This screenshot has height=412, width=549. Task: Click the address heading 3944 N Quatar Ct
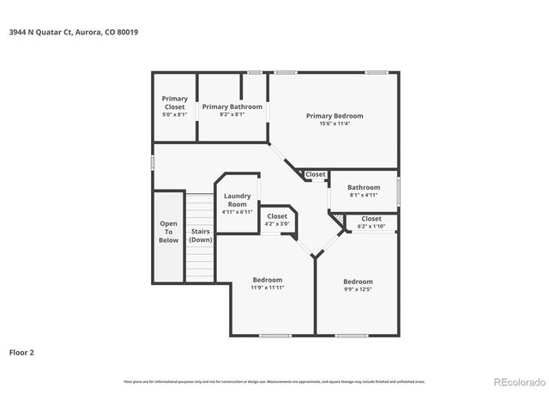[72, 32]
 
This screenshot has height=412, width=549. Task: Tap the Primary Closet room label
[174, 103]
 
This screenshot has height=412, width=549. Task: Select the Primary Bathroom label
[232, 107]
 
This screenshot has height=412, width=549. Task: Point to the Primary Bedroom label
[335, 116]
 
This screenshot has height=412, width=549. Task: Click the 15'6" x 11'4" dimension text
[335, 124]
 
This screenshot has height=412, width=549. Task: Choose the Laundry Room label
[237, 200]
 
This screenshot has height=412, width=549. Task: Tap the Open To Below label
[169, 232]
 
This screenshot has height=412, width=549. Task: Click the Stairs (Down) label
[201, 235]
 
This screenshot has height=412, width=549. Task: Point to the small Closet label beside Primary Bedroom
[316, 174]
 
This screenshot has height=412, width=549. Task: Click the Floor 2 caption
[22, 352]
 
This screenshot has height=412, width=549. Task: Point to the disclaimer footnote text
[274, 381]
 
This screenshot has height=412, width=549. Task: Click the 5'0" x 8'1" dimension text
[174, 114]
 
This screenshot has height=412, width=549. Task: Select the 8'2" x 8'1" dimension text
[232, 114]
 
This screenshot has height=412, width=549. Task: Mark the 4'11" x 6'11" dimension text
[237, 211]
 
